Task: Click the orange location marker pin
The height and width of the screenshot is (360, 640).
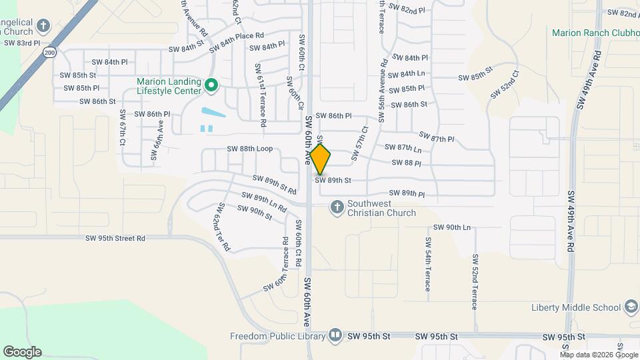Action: pyautogui.click(x=321, y=159)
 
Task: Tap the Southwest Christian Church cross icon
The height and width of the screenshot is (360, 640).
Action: pyautogui.click(x=337, y=207)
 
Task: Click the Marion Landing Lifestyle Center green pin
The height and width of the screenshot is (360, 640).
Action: pyautogui.click(x=211, y=85)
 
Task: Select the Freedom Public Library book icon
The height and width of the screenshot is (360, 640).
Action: pyautogui.click(x=336, y=335)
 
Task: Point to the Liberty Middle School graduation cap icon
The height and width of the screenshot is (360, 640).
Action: pyautogui.click(x=630, y=307)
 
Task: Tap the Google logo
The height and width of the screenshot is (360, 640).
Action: pyautogui.click(x=22, y=352)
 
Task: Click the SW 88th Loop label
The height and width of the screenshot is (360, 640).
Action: pyautogui.click(x=250, y=149)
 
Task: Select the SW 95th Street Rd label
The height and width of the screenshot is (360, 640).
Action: pyautogui.click(x=115, y=238)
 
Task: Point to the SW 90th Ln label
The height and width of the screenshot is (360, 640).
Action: pyautogui.click(x=452, y=227)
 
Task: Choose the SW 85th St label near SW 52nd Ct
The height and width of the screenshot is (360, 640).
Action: pyautogui.click(x=476, y=73)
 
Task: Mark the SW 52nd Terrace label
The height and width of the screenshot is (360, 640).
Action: pyautogui.click(x=475, y=282)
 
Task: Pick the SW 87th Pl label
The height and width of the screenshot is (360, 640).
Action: pyautogui.click(x=437, y=138)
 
